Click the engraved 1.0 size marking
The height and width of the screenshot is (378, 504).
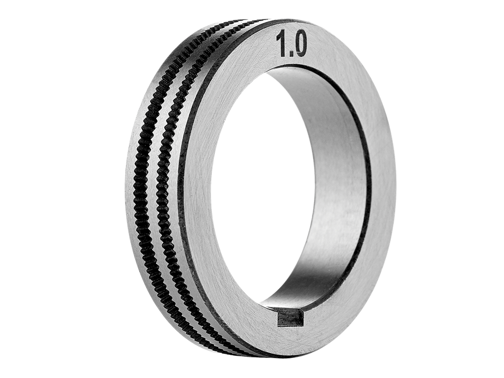(291, 45)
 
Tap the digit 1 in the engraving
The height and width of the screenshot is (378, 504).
(280, 45)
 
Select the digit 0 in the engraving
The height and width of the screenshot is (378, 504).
(299, 45)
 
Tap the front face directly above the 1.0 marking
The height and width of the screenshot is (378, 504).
(290, 28)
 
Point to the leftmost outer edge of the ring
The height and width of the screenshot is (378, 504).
(124, 192)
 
